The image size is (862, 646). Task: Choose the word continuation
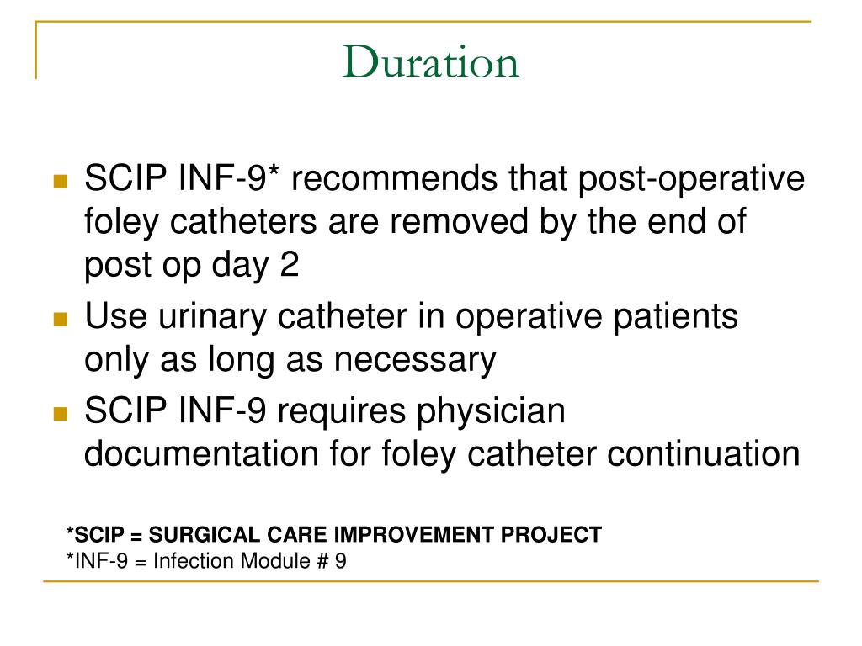pyautogui.click(x=704, y=455)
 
